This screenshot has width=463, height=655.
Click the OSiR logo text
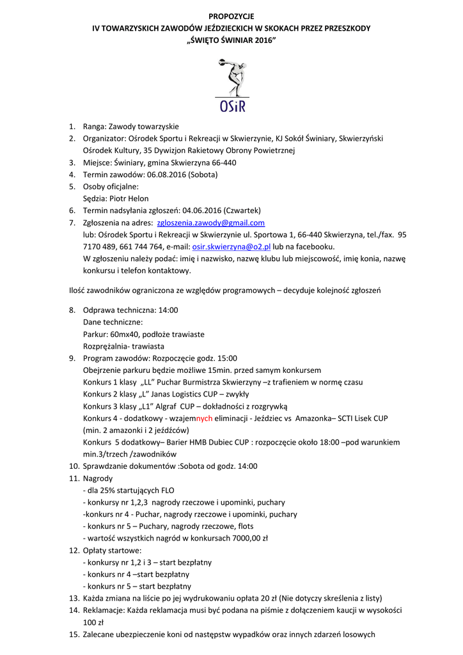pyautogui.click(x=231, y=105)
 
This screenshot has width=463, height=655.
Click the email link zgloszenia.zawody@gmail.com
pyautogui.click(x=210, y=223)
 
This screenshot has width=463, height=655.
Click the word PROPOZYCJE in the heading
pyautogui.click(x=231, y=16)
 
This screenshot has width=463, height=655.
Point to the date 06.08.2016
pyautogui.click(x=167, y=175)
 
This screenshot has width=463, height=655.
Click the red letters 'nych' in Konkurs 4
pyautogui.click(x=204, y=418)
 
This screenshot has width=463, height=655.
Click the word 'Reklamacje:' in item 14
pyautogui.click(x=103, y=610)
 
